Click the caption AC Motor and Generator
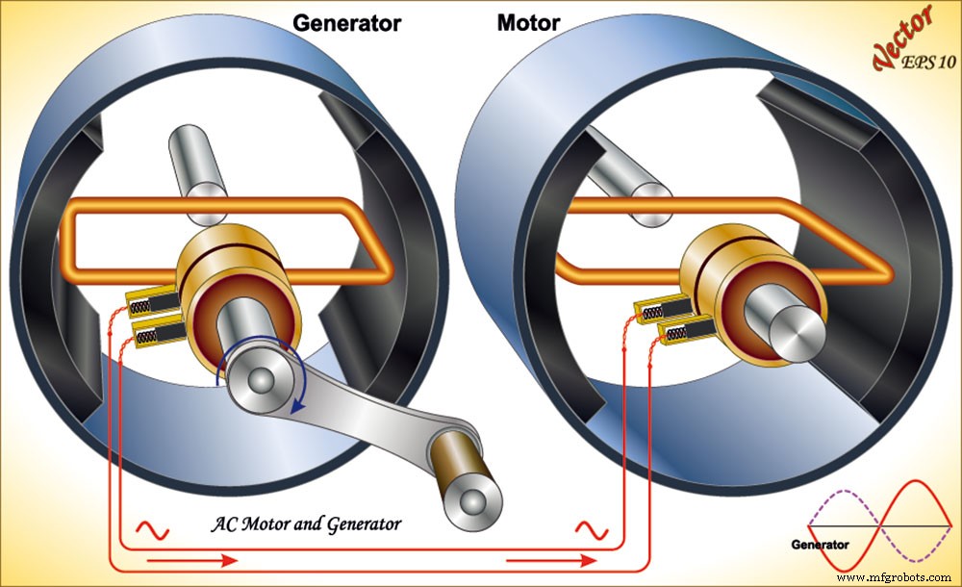[x=306, y=524]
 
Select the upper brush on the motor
[x=663, y=309]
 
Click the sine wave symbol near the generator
[x=153, y=528]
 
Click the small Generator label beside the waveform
[x=820, y=545]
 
